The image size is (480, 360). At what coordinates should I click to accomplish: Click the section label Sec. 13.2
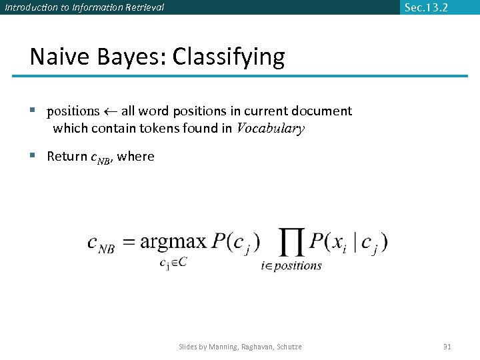point(426,7)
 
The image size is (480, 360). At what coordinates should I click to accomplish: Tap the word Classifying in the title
point(229,57)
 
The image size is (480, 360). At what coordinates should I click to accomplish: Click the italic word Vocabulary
point(271,129)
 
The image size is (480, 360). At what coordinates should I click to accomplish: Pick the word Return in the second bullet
point(67,157)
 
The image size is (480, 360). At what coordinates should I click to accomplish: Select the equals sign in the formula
point(127,243)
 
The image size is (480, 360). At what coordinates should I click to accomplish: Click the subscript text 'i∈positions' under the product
point(291,266)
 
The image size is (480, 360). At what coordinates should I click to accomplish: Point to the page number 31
point(447,347)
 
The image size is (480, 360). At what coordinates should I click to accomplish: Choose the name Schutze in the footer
point(288,347)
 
